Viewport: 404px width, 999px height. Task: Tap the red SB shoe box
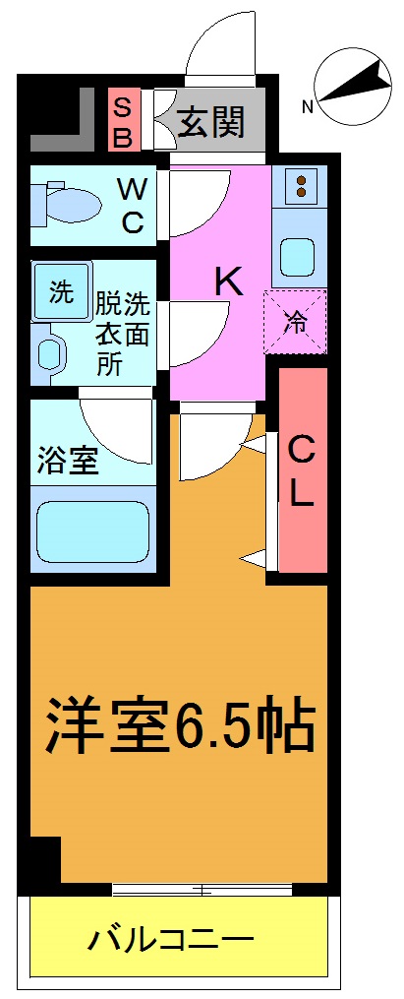tap(124, 121)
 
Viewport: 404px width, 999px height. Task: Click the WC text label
tap(132, 204)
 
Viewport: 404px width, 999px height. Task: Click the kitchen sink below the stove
tap(297, 257)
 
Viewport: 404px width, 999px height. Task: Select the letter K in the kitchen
tap(228, 281)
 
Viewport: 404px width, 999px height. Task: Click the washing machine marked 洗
tap(61, 292)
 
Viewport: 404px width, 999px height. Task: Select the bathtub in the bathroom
tap(92, 533)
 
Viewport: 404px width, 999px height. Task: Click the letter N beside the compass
tap(308, 106)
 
